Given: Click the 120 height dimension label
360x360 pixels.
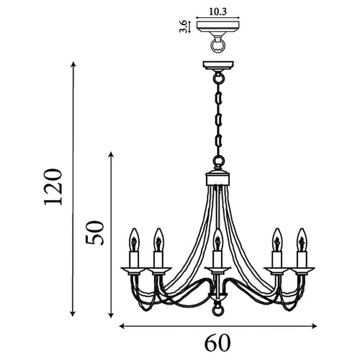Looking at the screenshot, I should pos(53,189).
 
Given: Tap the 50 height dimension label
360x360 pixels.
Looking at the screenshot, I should pos(99,234).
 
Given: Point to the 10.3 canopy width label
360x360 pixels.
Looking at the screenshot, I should pos(216,12).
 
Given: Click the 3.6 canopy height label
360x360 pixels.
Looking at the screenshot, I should pos(184,27).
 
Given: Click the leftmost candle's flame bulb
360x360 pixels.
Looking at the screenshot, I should pos(133,236).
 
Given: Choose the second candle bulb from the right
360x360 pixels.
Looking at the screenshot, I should pos(277,236).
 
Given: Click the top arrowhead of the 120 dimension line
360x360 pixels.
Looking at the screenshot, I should pos(73,65).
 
